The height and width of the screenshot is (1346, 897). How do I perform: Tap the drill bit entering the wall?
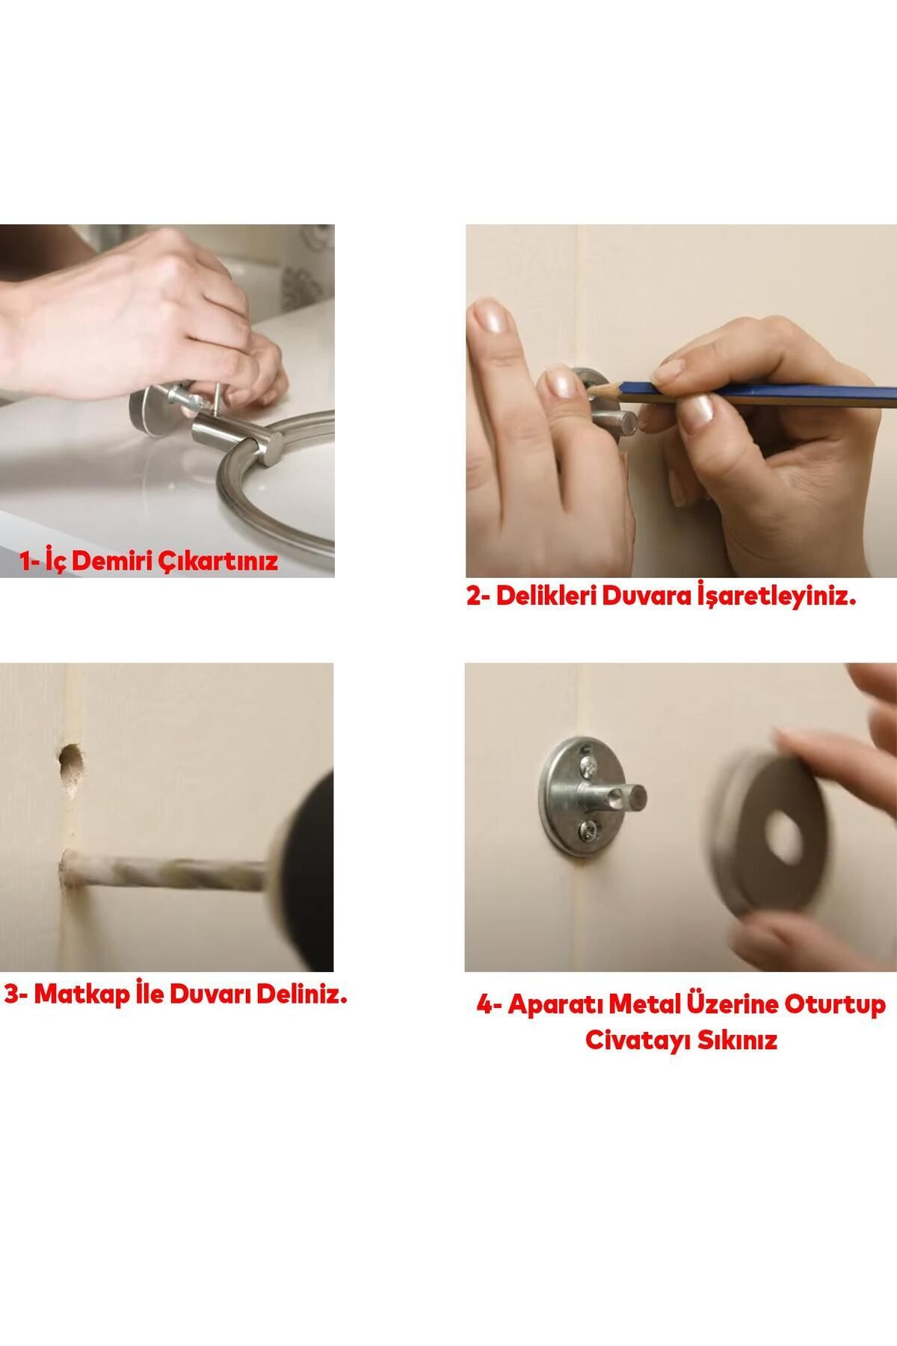click(x=164, y=872)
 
